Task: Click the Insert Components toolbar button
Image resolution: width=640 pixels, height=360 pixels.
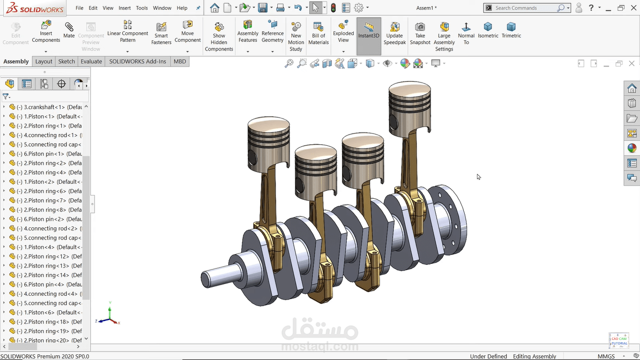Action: pyautogui.click(x=46, y=31)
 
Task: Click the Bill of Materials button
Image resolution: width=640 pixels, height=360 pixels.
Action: pyautogui.click(x=319, y=32)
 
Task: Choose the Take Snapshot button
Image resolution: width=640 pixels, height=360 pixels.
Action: pyautogui.click(x=420, y=32)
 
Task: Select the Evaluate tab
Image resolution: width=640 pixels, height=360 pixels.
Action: pyautogui.click(x=91, y=61)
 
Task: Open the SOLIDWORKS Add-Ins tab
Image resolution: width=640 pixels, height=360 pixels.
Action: pyautogui.click(x=138, y=61)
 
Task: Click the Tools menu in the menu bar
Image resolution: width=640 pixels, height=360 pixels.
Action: pyautogui.click(x=142, y=8)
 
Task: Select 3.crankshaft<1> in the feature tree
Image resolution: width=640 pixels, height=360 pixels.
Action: pyautogui.click(x=45, y=107)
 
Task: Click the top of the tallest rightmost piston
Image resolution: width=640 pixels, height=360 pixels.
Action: pyautogui.click(x=409, y=90)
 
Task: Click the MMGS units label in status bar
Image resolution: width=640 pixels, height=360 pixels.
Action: pyautogui.click(x=606, y=356)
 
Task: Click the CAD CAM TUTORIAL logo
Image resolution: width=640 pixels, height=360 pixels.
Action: pyautogui.click(x=619, y=341)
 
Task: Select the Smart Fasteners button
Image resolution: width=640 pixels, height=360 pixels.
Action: pyautogui.click(x=161, y=32)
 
